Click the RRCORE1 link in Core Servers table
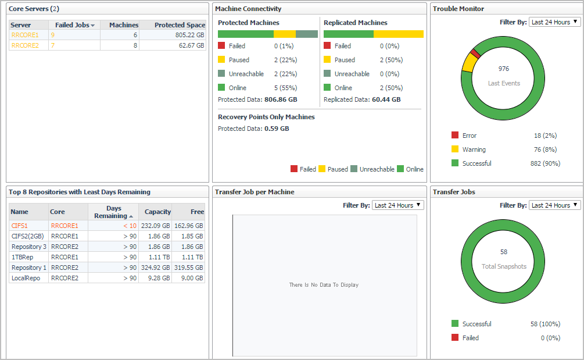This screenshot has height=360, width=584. [x=25, y=35]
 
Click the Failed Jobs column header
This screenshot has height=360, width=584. [x=74, y=25]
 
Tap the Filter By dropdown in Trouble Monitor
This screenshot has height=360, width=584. [x=554, y=22]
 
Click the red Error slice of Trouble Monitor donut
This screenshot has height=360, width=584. [x=475, y=54]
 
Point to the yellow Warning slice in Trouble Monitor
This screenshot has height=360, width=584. [x=467, y=63]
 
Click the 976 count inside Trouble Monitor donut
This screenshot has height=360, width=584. [x=504, y=69]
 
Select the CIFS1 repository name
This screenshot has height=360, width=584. [x=19, y=226]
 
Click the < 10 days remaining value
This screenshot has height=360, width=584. [x=130, y=226]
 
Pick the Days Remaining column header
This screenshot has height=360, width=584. [x=113, y=212]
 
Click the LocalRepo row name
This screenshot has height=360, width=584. [x=25, y=278]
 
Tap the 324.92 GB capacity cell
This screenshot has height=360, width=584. [x=156, y=268]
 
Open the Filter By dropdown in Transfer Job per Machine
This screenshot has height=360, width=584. [x=397, y=205]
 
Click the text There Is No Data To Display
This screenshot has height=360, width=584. [x=324, y=285]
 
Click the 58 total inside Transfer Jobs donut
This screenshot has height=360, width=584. [x=504, y=252]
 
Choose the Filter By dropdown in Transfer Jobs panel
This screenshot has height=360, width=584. [x=554, y=205]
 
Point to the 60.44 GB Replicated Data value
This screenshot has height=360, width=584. [x=386, y=99]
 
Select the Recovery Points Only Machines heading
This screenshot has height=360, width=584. [x=266, y=117]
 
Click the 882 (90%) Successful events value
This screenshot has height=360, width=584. [x=545, y=163]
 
